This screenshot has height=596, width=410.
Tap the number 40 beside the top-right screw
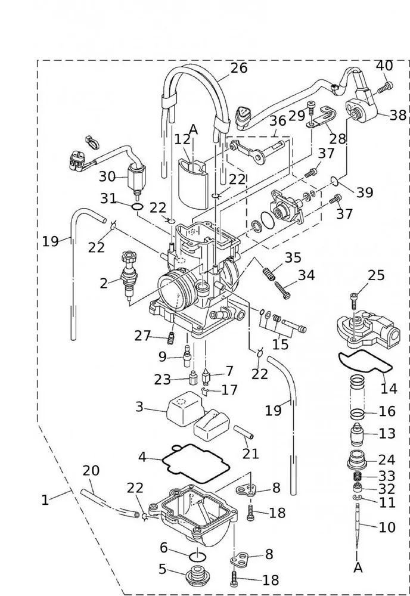point(384,66)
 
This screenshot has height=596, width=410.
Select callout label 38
point(398,115)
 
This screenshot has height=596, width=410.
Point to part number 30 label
point(107,176)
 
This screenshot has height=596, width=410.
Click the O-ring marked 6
point(197,555)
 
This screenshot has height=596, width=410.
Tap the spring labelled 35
point(269,275)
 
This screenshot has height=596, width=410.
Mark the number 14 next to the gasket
point(389,389)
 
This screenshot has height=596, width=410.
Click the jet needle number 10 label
point(387,527)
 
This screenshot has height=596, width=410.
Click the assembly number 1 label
point(45,499)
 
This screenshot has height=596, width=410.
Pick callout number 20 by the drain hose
point(91,471)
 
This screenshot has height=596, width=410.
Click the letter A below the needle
point(358,567)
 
